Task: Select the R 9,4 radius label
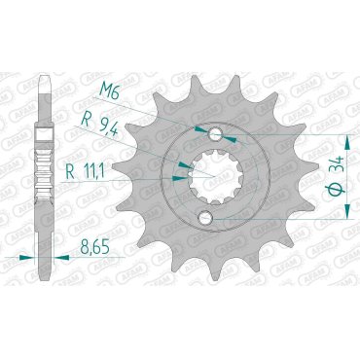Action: (x=100, y=125)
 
